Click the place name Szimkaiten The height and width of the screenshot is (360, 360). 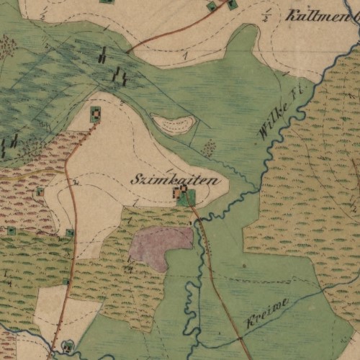point(175,180)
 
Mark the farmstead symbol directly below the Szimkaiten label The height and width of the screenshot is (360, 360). point(181,194)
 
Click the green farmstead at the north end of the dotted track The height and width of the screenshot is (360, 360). point(95,114)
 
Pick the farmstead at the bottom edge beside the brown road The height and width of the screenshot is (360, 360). point(68,346)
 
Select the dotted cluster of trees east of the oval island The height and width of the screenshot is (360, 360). point(209,148)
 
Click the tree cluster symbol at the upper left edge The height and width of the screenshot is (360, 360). point(7,47)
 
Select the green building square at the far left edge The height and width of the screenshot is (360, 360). point(11,230)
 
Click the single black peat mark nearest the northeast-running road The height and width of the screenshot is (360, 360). point(104,54)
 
